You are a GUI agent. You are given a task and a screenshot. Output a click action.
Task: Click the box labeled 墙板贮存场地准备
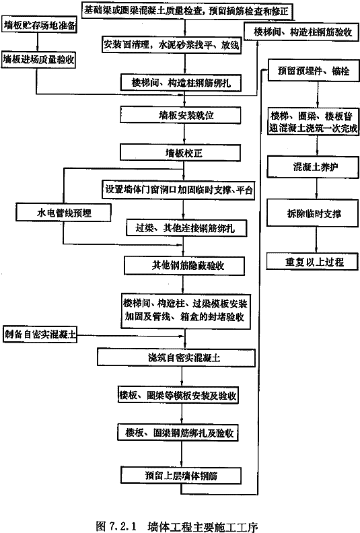(39, 24)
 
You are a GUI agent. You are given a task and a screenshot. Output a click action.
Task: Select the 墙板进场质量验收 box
(38, 59)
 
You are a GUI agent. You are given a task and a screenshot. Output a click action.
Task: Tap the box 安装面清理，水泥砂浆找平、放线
(172, 44)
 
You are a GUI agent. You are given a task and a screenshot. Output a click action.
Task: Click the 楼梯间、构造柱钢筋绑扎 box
(181, 83)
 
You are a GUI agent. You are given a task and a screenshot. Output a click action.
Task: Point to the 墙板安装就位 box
(180, 115)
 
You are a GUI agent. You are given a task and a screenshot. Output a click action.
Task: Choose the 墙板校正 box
(180, 153)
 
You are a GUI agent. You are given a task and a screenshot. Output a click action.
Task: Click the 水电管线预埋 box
(63, 213)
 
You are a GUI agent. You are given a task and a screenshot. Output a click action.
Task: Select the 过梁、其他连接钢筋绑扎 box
(186, 227)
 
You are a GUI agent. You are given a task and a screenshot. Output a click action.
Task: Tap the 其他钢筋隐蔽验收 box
(184, 265)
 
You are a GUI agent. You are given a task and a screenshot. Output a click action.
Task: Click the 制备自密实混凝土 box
(40, 334)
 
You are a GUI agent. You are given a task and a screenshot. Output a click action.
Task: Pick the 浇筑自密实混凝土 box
(176, 357)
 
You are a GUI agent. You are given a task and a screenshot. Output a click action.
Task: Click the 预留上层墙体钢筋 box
(181, 475)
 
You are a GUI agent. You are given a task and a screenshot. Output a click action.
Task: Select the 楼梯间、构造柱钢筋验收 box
(303, 32)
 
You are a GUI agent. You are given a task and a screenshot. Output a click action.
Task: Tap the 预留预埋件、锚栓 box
(314, 71)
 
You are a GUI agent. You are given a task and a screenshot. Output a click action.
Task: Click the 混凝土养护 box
(313, 167)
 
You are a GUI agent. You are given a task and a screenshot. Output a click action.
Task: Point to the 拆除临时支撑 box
(313, 213)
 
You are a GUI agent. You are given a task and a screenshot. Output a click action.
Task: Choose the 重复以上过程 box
(312, 261)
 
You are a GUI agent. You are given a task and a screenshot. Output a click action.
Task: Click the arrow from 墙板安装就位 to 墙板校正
(184, 134)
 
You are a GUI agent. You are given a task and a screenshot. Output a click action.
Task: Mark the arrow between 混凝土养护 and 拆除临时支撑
(316, 188)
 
